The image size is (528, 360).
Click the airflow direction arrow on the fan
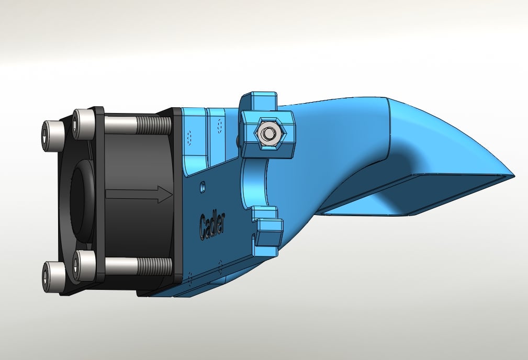(x=139, y=194)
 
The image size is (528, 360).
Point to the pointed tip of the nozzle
(x=513, y=176)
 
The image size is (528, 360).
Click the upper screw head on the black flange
(x=84, y=123)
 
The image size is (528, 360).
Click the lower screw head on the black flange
(x=85, y=265)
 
